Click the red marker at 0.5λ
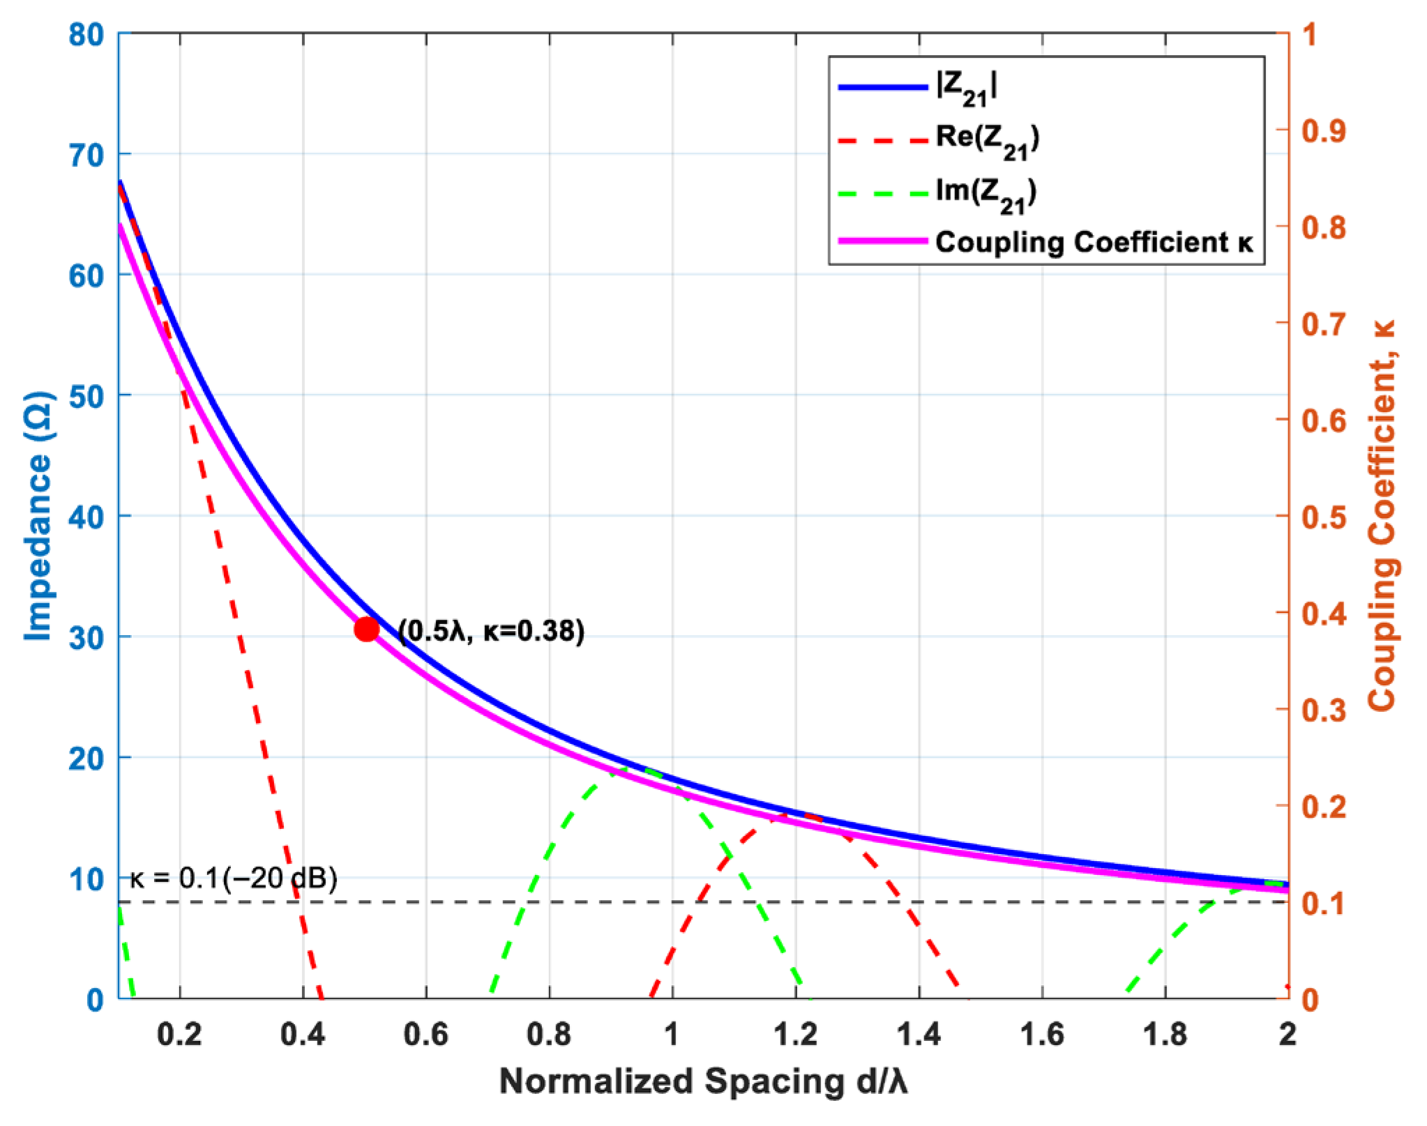(366, 629)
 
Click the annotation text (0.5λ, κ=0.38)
(492, 631)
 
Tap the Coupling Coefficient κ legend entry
(1094, 242)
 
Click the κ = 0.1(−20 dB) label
(234, 878)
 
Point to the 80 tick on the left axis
(86, 34)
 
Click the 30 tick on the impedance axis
(86, 637)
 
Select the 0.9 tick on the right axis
(1323, 130)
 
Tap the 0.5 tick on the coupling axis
(1323, 517)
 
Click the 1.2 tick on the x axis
(796, 1035)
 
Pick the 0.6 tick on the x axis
(426, 1035)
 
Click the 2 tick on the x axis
(1288, 1035)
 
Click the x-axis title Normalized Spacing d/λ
(703, 1082)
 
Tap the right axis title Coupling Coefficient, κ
(1382, 516)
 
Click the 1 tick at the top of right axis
(1310, 34)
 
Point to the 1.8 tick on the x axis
(1165, 1035)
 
